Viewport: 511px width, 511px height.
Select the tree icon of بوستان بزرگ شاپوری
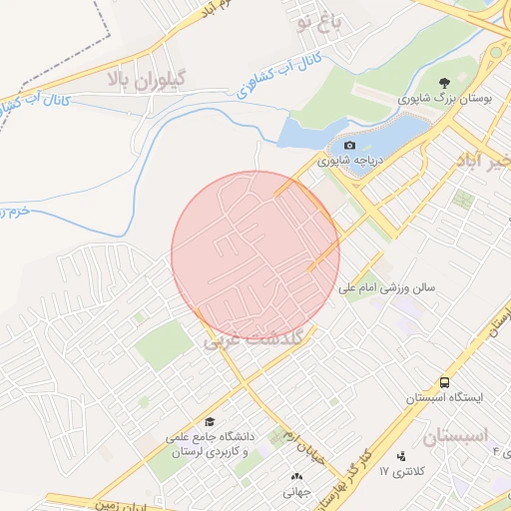point(445,83)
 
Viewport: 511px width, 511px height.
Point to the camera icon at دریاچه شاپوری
point(349,146)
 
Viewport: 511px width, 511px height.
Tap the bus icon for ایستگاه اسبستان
point(444,382)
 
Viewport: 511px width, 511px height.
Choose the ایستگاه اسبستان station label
point(444,397)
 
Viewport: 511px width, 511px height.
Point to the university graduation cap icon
point(209,422)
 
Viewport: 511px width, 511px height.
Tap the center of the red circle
point(255,255)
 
